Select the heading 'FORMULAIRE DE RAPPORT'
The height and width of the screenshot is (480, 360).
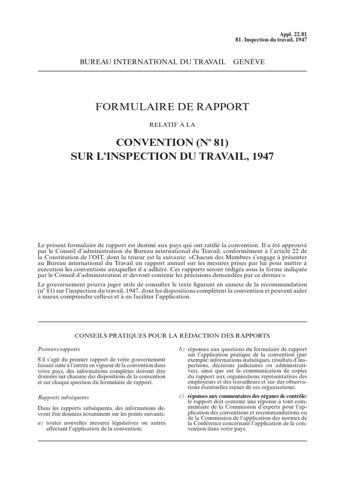172,107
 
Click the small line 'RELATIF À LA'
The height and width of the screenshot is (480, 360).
172,124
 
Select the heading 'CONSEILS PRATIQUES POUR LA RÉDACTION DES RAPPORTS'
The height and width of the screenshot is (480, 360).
172,336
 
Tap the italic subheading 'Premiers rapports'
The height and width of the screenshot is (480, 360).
59,350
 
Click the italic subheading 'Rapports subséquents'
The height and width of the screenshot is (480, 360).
62,397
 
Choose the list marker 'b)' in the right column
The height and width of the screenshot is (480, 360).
182,350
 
